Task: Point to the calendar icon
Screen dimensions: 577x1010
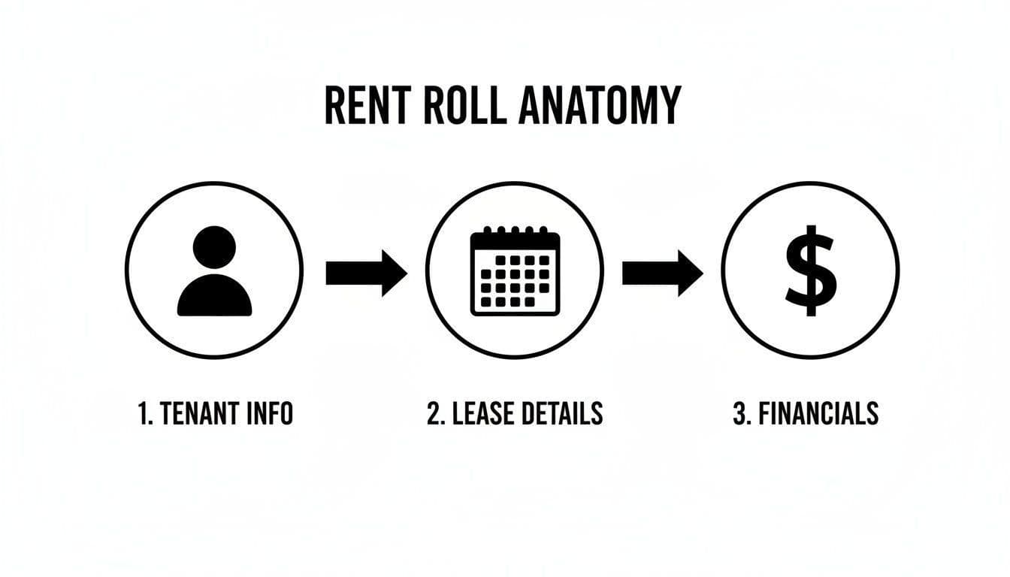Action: point(515,271)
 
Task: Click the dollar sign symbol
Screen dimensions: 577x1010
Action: point(810,270)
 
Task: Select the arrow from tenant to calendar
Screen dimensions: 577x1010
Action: point(366,273)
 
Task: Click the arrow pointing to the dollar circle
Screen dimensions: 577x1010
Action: point(662,273)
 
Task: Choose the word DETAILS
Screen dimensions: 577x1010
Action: point(564,413)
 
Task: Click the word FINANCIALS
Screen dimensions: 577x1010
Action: point(817,413)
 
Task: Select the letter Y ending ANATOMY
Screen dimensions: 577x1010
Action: point(668,105)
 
